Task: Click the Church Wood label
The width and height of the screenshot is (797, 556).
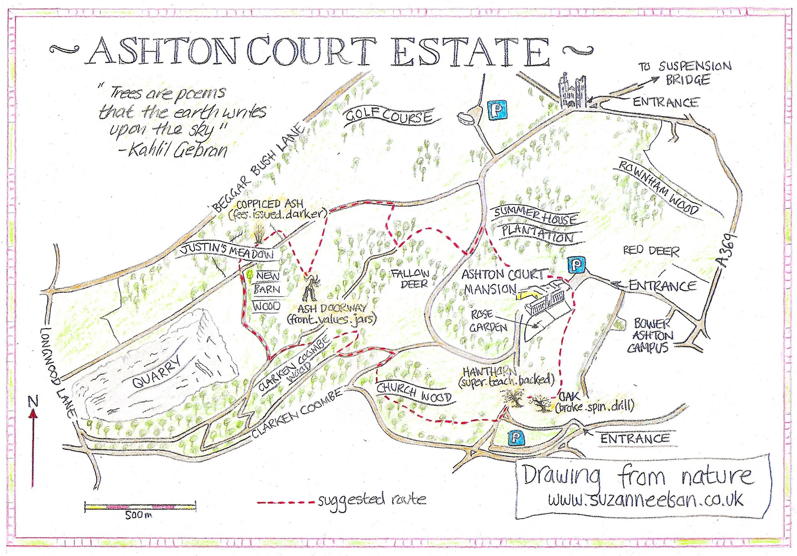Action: click(414, 393)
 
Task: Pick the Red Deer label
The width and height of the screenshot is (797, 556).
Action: click(651, 251)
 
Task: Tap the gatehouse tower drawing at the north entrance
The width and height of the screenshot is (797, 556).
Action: click(572, 91)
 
